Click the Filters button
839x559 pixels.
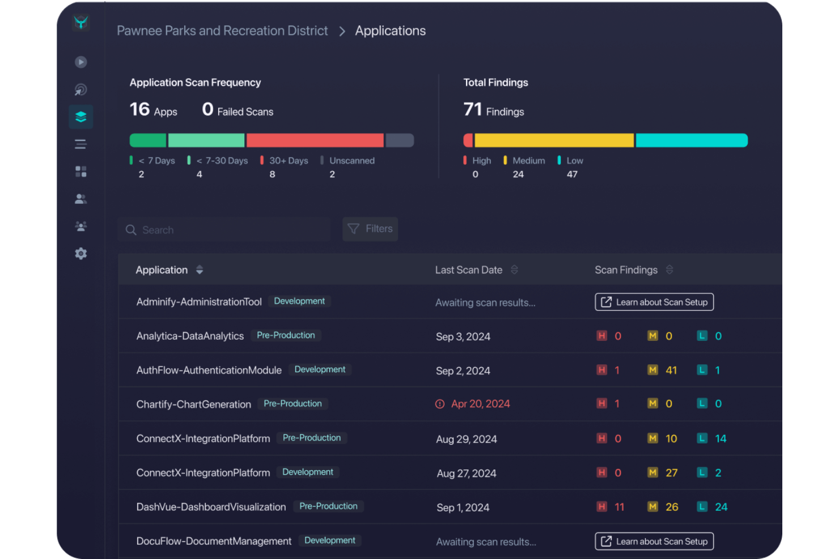coord(370,229)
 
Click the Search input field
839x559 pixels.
coord(224,230)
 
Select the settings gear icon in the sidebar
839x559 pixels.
coord(81,254)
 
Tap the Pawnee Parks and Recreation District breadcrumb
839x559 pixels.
coord(222,31)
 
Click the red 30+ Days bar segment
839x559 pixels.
coord(315,140)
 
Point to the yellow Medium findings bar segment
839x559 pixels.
coord(554,140)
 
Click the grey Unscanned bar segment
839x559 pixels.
coord(400,140)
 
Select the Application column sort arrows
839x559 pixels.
coord(200,270)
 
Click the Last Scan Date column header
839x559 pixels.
coord(469,270)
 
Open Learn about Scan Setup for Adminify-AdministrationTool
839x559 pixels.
coord(654,302)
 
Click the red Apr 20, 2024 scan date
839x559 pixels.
coord(480,404)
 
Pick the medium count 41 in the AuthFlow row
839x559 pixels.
coord(671,370)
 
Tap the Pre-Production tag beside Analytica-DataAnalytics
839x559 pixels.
coord(286,336)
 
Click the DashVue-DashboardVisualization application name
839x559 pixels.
coord(211,507)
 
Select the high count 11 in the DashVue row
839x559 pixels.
coord(619,507)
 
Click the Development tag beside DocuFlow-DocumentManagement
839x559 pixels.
coord(330,541)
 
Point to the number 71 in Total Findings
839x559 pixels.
coord(473,109)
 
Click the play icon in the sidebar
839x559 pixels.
coord(81,62)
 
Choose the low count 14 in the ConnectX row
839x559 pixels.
coord(721,439)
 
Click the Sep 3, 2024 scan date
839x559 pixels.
coord(463,337)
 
